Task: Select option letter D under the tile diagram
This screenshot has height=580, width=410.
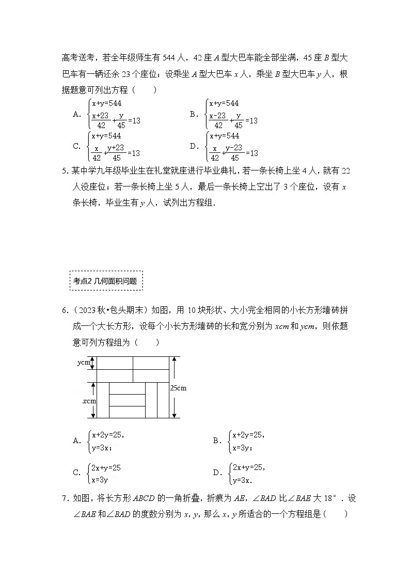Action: [x=217, y=473]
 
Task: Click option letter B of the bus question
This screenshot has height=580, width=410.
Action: [x=194, y=114]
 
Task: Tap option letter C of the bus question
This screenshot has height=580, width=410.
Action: [x=77, y=146]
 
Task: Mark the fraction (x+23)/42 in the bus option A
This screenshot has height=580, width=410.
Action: [x=101, y=120]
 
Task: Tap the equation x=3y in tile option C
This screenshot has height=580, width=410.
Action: [x=100, y=480]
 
